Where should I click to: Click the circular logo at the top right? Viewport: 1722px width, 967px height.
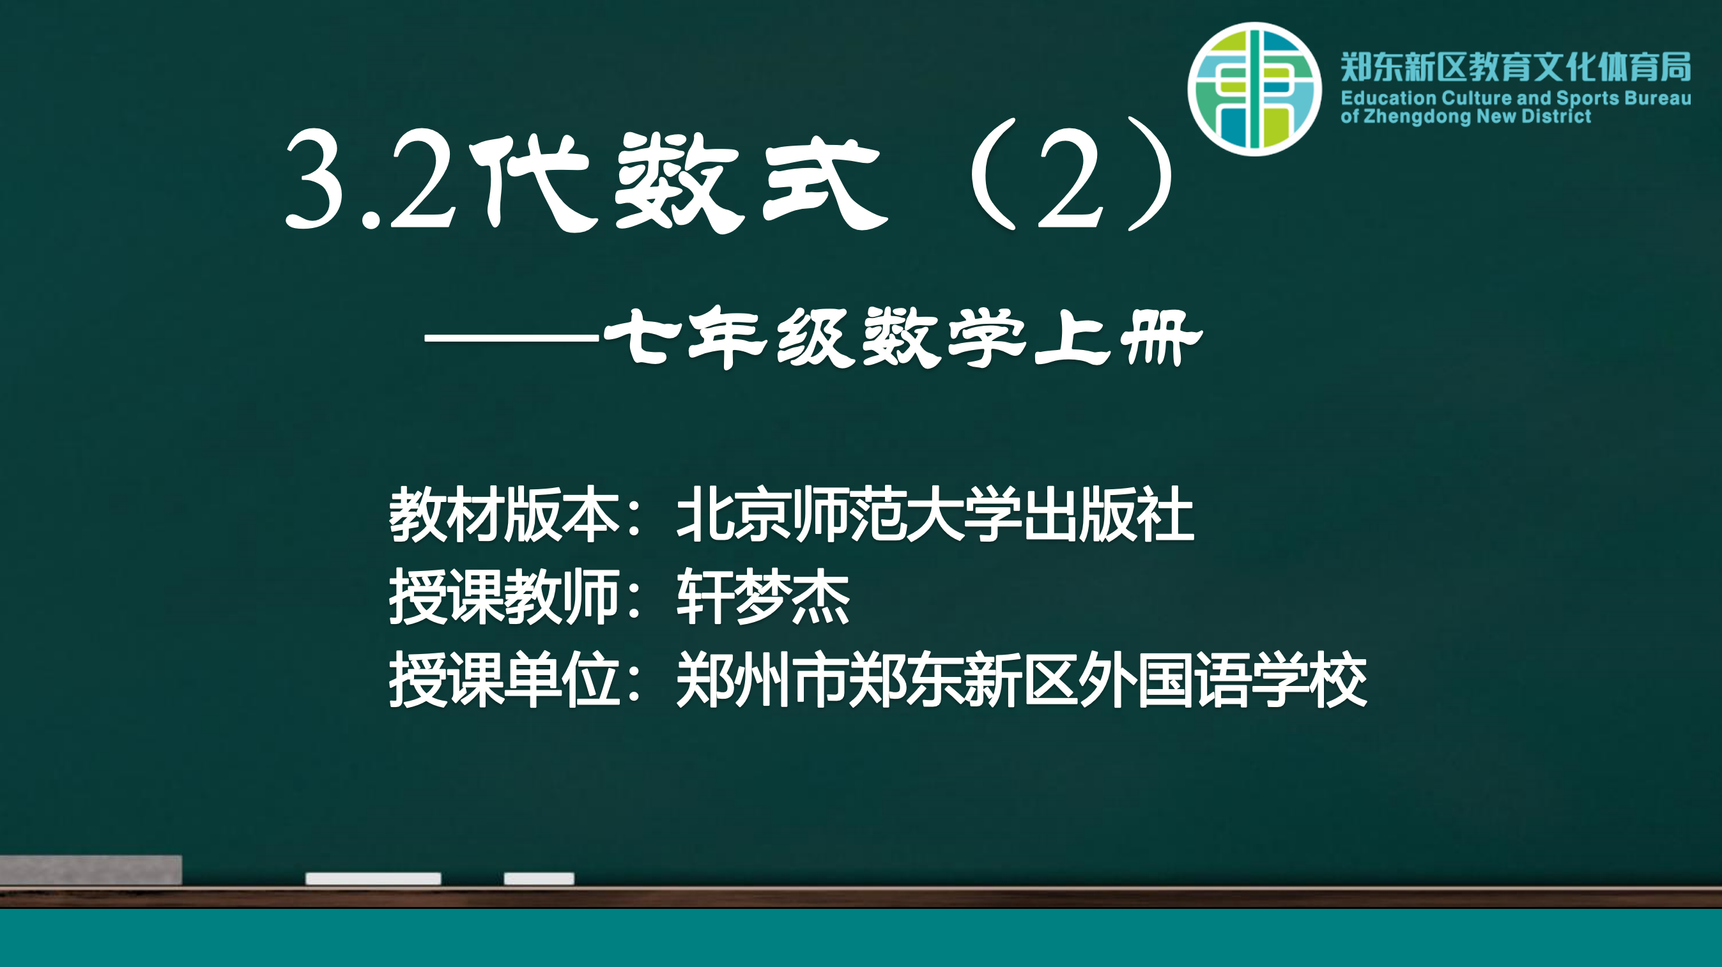pos(1254,89)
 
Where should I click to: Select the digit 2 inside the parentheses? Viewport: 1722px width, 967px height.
pos(1069,178)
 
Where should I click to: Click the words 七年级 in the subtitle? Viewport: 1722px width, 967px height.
pos(729,337)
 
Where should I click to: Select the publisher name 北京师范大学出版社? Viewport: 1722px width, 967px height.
pos(935,514)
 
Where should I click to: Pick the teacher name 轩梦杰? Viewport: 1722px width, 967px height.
pos(763,596)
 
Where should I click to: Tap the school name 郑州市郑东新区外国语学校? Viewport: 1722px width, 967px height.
pos(1022,679)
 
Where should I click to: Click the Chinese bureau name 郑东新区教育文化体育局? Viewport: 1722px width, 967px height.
pos(1516,67)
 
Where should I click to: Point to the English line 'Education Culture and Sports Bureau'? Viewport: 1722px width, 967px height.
pos(1516,98)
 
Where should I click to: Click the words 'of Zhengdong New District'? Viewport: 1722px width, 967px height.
pos(1465,116)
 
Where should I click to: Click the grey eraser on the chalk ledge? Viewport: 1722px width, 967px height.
pos(91,870)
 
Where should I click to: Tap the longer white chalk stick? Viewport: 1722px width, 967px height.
pos(373,878)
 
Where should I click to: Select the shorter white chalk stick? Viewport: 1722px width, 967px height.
pos(539,878)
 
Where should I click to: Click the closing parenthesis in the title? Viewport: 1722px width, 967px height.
pos(1151,175)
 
